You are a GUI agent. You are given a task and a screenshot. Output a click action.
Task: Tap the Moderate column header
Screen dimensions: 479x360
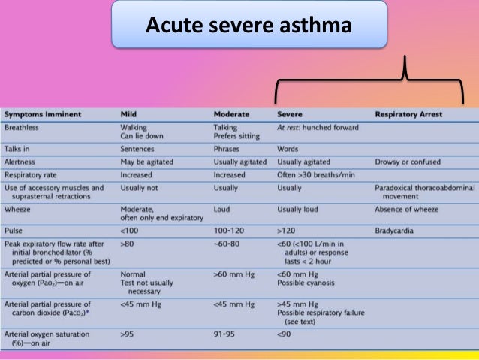pyautogui.click(x=232, y=114)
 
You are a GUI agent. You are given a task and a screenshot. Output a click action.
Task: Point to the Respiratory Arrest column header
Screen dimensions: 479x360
pyautogui.click(x=408, y=114)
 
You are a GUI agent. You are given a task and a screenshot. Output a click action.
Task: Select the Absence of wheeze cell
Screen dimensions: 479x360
pyautogui.click(x=405, y=210)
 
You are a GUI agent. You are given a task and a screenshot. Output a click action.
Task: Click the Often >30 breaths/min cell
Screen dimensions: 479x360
pyautogui.click(x=315, y=174)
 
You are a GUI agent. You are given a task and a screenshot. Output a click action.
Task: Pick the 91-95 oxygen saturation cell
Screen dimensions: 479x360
pyautogui.click(x=224, y=333)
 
